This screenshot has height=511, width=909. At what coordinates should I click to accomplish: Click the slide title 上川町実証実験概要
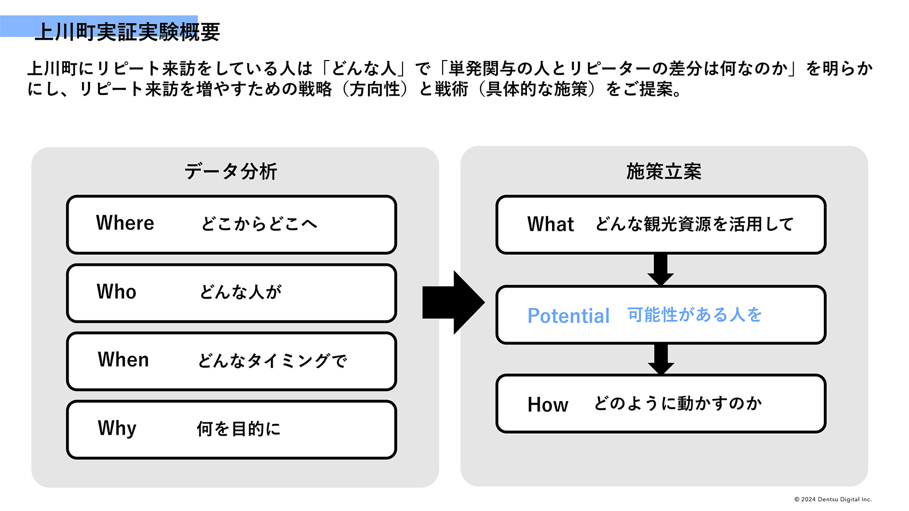127,32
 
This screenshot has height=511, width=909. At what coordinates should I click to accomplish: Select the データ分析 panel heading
231,171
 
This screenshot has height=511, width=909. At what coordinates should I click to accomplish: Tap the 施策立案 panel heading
664,171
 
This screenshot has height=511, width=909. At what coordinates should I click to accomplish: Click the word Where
125,223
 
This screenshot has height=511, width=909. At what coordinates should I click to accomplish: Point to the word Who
116,291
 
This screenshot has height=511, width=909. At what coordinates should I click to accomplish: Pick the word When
123,360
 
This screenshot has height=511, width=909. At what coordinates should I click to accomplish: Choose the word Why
117,428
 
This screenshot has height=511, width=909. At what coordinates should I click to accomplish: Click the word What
551,224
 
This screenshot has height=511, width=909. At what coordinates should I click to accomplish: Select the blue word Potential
568,316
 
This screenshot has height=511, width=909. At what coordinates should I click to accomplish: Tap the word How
548,405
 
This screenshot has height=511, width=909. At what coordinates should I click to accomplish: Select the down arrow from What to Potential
660,269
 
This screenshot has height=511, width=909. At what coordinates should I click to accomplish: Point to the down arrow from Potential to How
660,359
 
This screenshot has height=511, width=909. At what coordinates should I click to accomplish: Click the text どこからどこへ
259,224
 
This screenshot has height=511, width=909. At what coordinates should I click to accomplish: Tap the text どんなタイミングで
272,361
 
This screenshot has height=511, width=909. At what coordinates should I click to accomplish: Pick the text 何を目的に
239,429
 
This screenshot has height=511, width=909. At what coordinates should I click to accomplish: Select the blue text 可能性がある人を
695,315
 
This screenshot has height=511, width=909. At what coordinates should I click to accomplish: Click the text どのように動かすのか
678,404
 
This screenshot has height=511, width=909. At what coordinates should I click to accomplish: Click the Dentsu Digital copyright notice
833,499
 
